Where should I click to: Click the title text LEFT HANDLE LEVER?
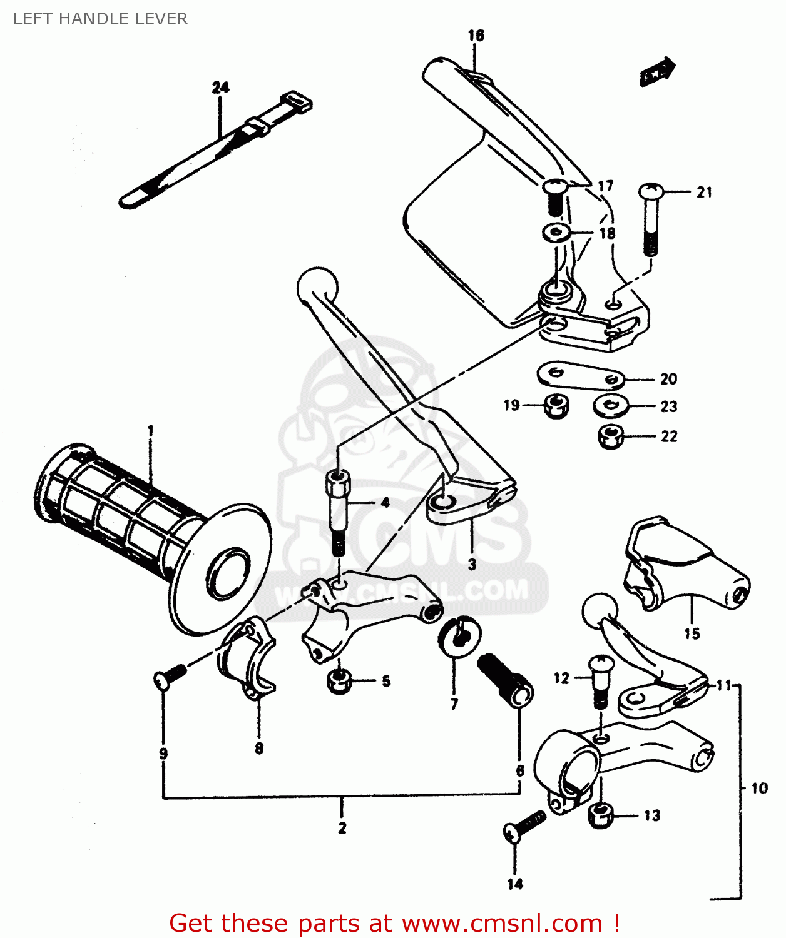(100, 19)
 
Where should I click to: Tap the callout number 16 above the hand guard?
(476, 35)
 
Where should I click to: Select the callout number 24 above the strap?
(220, 88)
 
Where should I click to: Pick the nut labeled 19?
(556, 406)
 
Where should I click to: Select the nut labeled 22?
(611, 436)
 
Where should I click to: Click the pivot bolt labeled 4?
(337, 510)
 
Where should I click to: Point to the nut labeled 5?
(339, 681)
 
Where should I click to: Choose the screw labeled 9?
(170, 677)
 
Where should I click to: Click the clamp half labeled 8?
(247, 660)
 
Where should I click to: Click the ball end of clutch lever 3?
(317, 286)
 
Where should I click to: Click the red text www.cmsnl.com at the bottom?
(502, 924)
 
